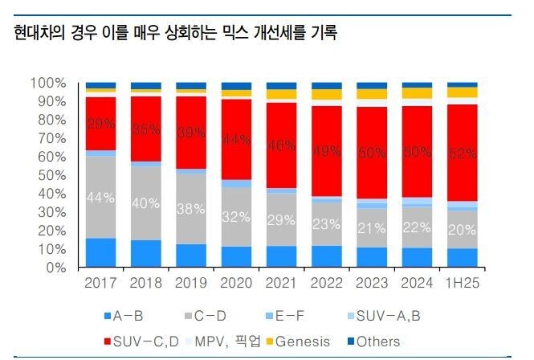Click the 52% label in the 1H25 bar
coord(463,153)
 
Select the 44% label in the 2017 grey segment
coord(101,198)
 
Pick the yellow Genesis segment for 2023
coord(372,94)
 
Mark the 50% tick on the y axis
coord(51,175)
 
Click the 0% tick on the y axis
coord(54,268)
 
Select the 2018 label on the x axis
coord(146,283)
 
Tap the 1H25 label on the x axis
coord(463,283)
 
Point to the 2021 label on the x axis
coord(281,283)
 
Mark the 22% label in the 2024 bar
coord(417,228)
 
